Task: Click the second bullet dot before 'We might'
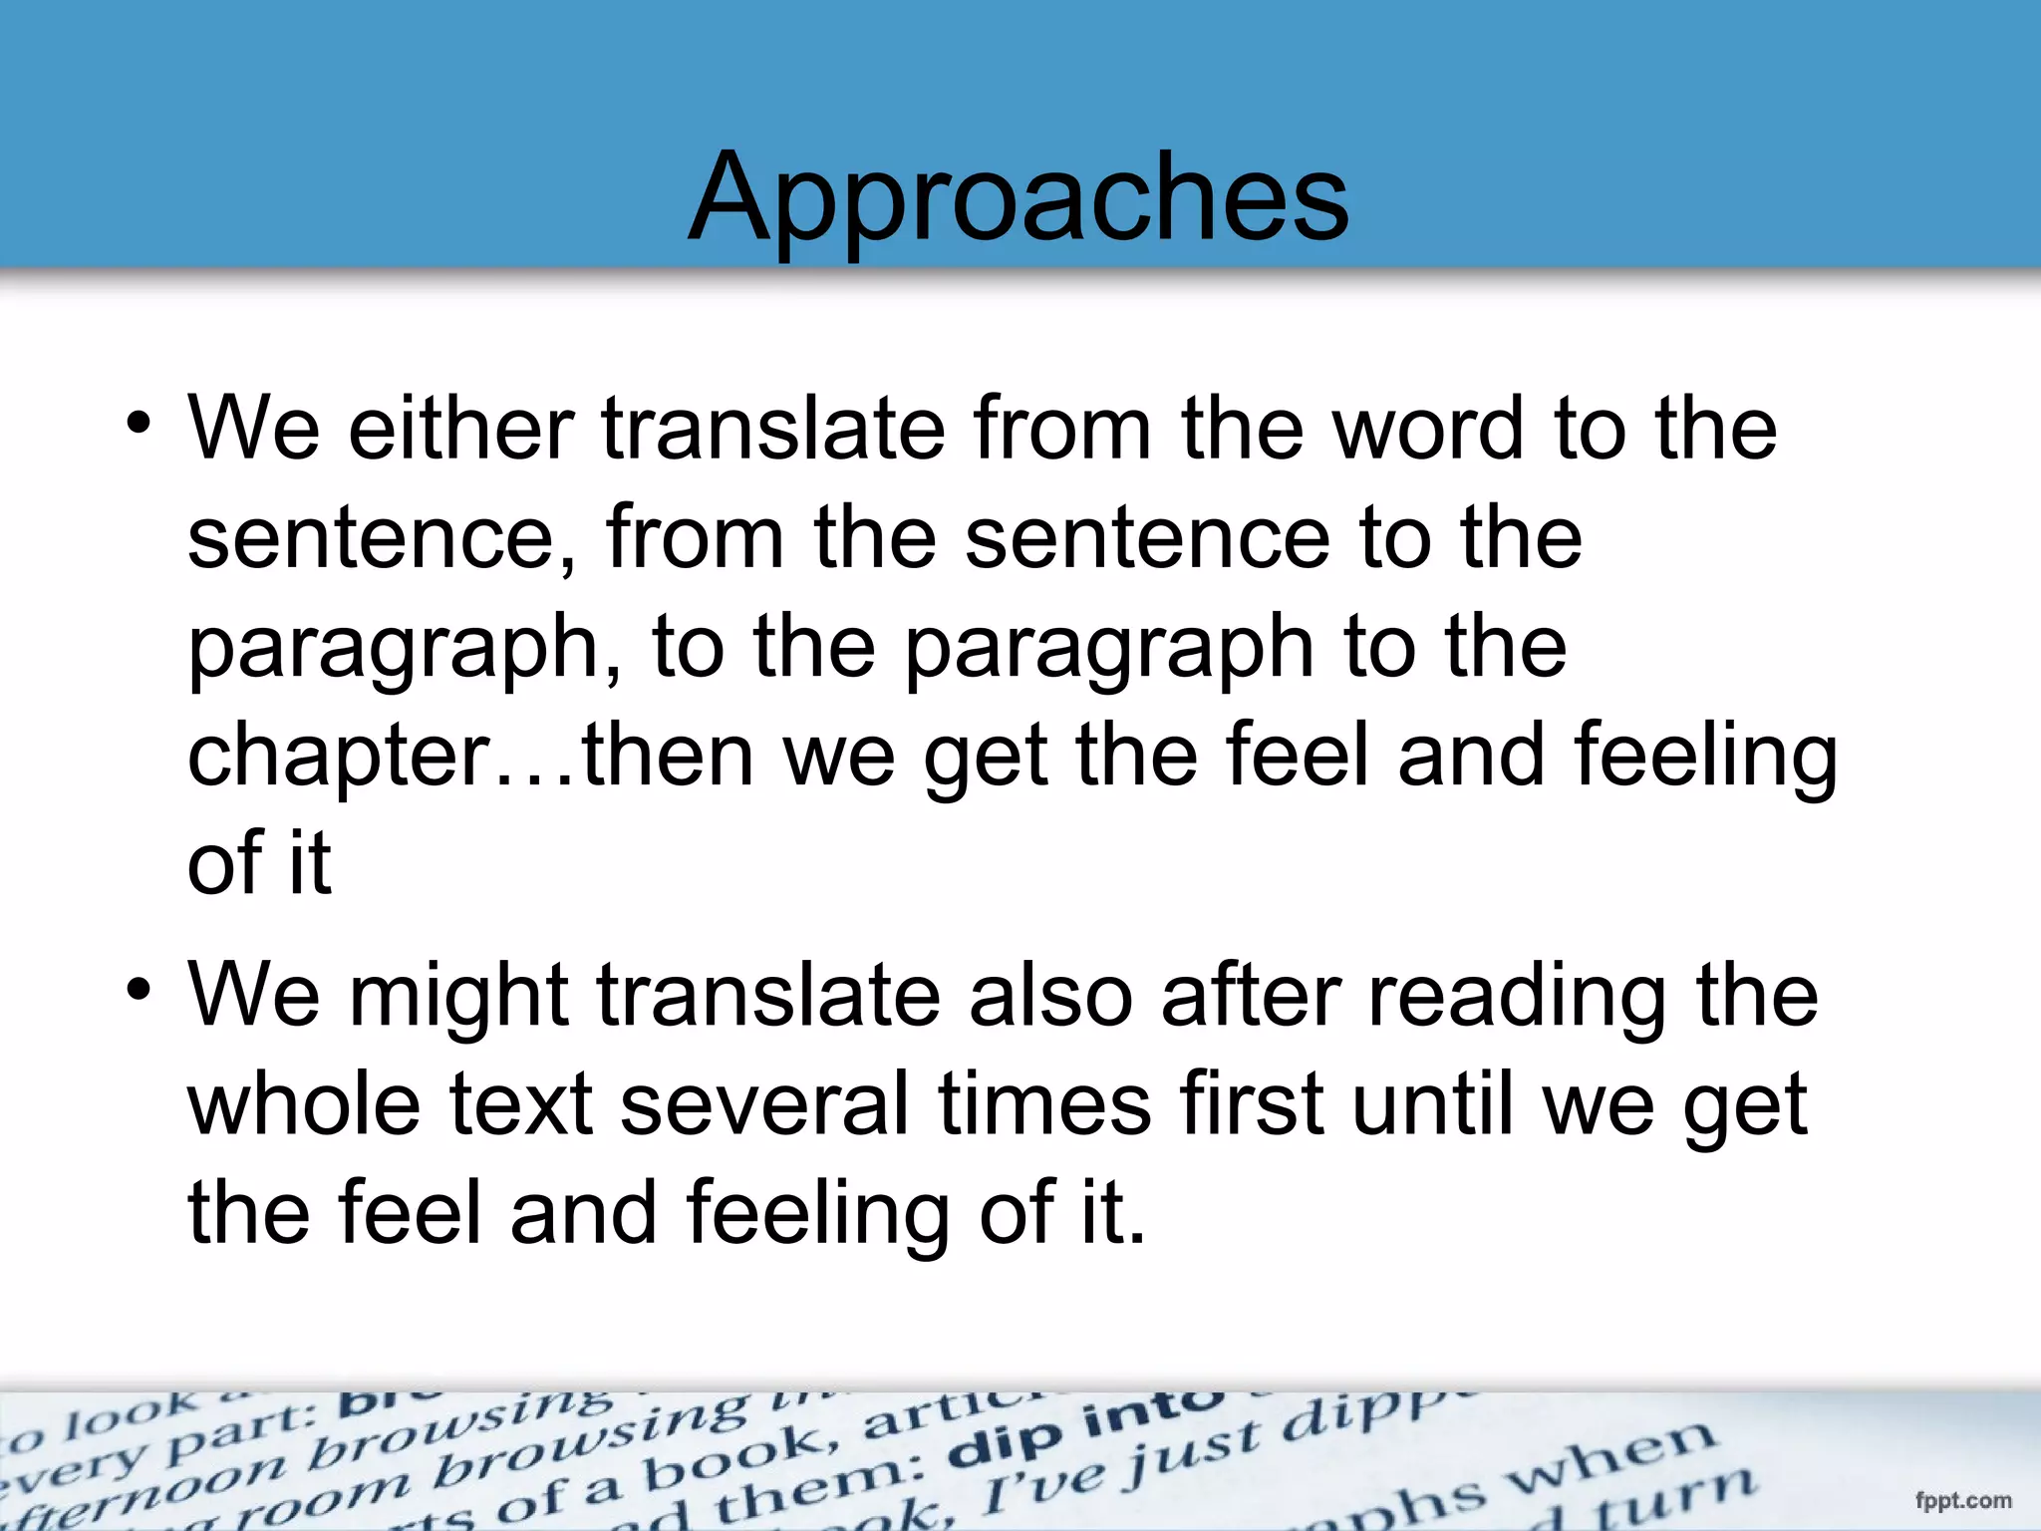tap(139, 991)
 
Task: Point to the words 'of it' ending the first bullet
tap(259, 863)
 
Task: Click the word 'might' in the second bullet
tap(457, 996)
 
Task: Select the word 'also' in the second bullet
tap(1051, 996)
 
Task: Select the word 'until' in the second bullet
tap(1434, 1103)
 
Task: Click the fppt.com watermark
tap(1962, 1500)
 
